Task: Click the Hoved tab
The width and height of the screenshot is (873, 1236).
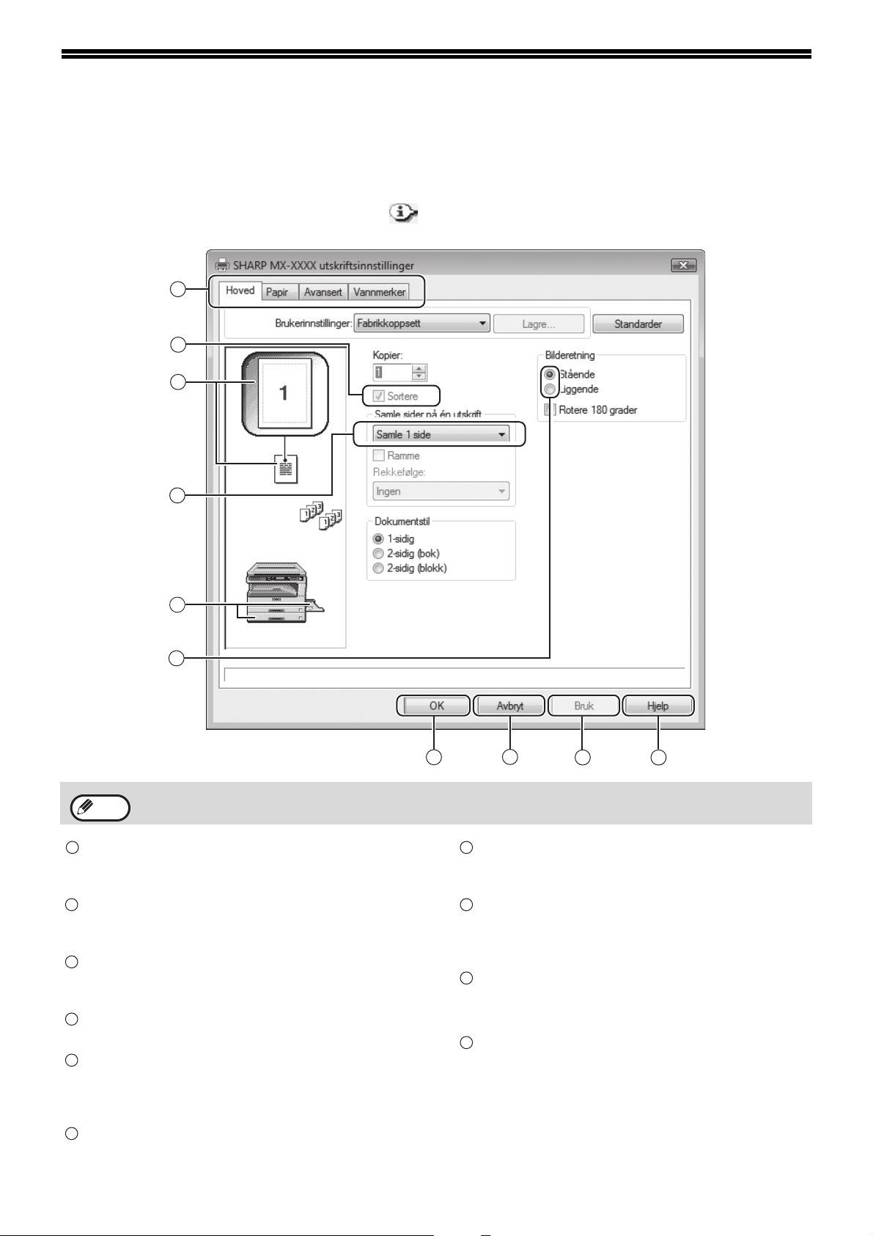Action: click(x=240, y=291)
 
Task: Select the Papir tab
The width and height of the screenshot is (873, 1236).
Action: click(x=277, y=292)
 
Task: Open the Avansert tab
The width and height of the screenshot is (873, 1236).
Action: click(x=323, y=292)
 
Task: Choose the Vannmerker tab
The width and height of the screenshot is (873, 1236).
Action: click(x=379, y=292)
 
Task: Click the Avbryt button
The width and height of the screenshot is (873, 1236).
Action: click(x=509, y=706)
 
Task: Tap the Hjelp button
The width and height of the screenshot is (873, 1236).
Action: click(x=657, y=706)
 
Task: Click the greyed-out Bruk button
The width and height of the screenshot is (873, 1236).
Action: click(x=583, y=706)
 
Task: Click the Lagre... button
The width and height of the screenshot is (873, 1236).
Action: click(x=538, y=323)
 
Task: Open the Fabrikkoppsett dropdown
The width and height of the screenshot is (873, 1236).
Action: click(x=422, y=323)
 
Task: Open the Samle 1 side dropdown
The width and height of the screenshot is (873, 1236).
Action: click(x=441, y=434)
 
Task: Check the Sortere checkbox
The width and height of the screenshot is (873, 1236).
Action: click(x=379, y=396)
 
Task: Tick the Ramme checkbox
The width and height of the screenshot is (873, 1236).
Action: click(x=379, y=456)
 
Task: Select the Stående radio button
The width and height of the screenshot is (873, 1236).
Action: click(x=550, y=374)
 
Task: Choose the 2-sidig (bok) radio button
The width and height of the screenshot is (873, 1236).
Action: click(x=378, y=554)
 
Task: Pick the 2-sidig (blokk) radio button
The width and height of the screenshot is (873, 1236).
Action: click(x=378, y=568)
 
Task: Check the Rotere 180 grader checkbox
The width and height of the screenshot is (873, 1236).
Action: click(x=550, y=410)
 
